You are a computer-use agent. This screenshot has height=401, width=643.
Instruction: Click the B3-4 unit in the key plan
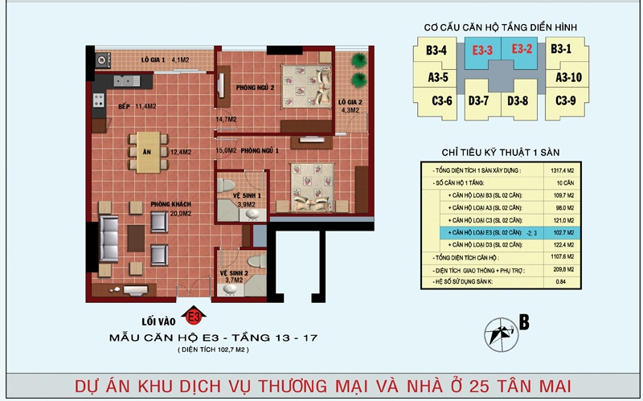click(x=436, y=51)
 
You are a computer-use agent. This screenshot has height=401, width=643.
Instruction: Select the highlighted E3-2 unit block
click(x=523, y=51)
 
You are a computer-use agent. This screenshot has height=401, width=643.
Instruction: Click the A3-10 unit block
click(x=568, y=77)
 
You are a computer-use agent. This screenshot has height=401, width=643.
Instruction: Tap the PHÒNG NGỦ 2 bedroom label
click(x=256, y=87)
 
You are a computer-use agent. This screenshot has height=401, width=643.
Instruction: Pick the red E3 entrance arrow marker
click(x=192, y=312)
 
